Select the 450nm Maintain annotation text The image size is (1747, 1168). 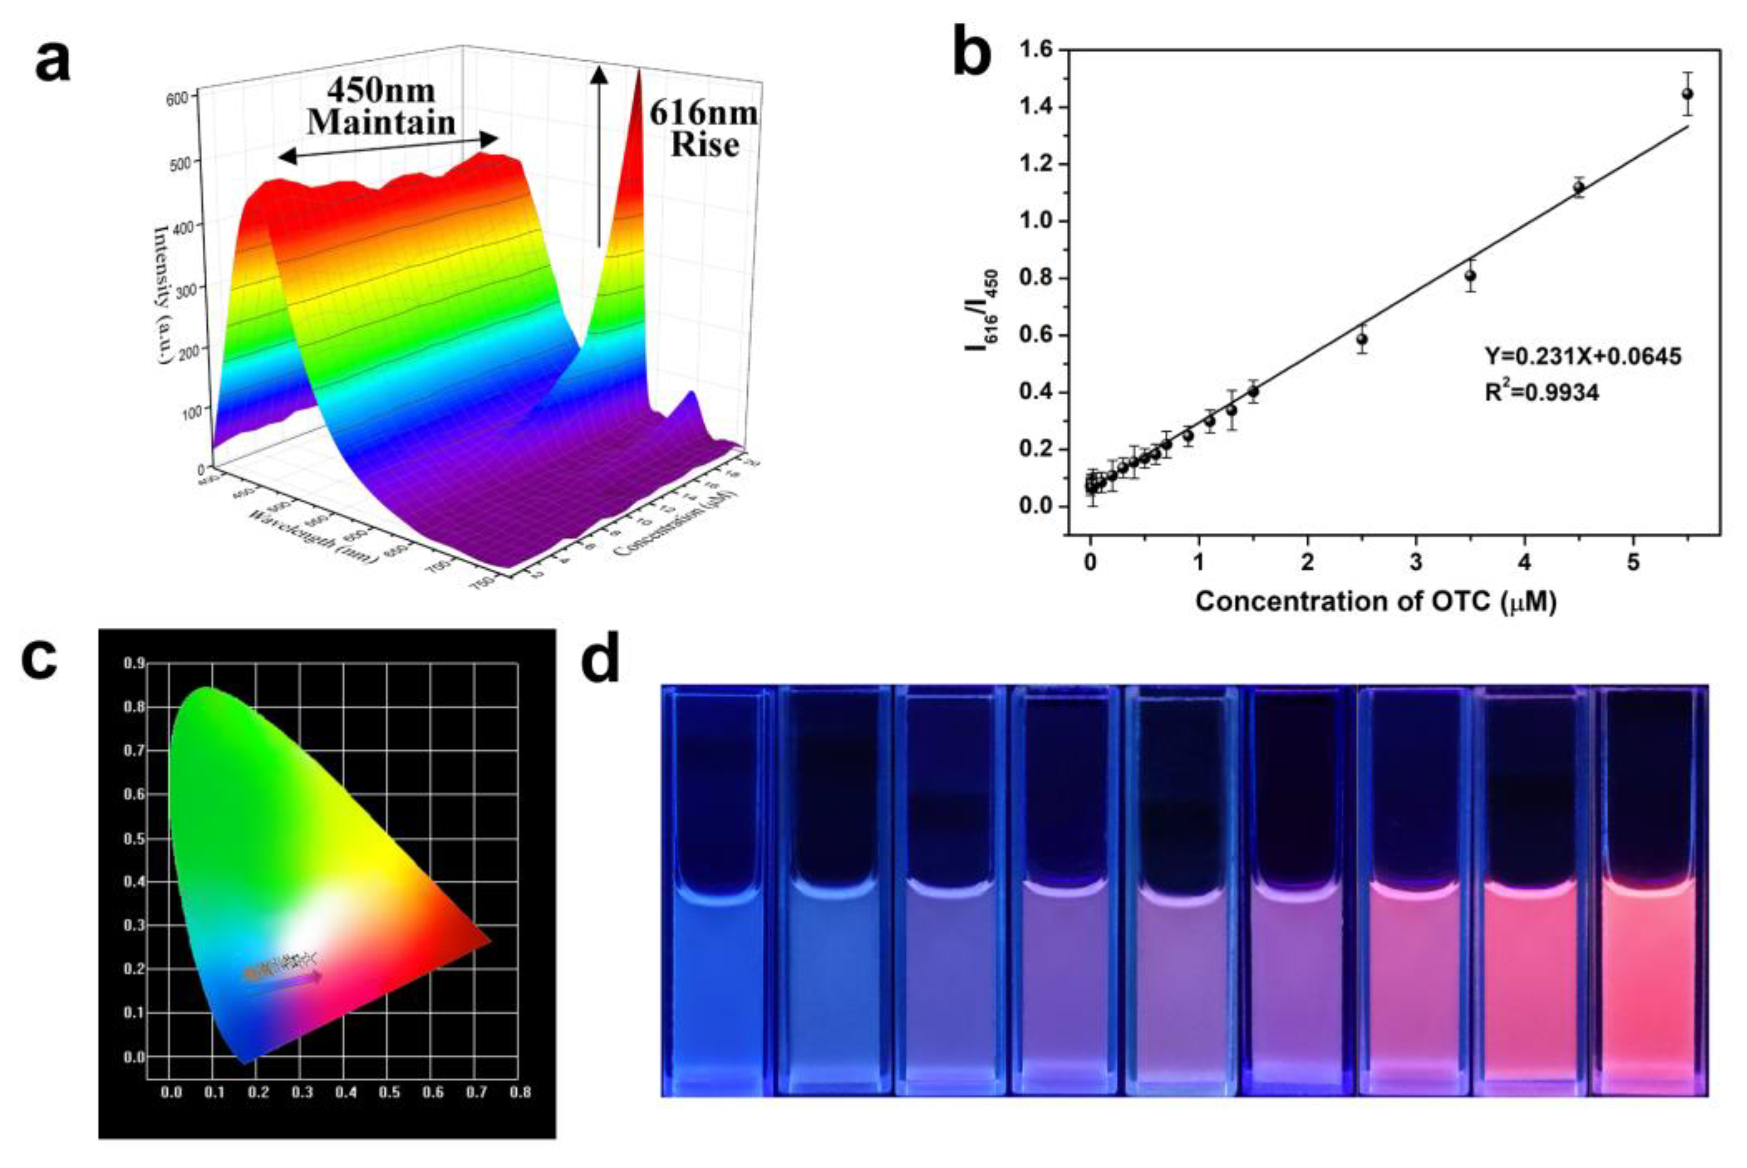click(x=382, y=106)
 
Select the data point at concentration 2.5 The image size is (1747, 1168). click(x=1361, y=339)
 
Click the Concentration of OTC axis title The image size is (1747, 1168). click(x=1376, y=602)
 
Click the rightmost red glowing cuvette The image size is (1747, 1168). click(x=1648, y=894)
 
